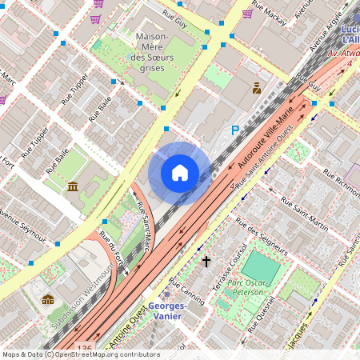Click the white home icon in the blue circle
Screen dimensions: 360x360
pyautogui.click(x=180, y=172)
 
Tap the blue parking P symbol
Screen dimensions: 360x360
pyautogui.click(x=235, y=130)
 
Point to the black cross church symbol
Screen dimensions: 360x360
pyautogui.click(x=206, y=262)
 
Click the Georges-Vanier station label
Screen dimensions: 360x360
pyautogui.click(x=167, y=311)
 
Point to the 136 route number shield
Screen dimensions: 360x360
pyautogui.click(x=85, y=347)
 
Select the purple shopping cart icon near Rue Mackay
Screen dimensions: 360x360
pyautogui.click(x=248, y=13)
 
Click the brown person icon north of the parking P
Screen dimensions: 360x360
pyautogui.click(x=257, y=88)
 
